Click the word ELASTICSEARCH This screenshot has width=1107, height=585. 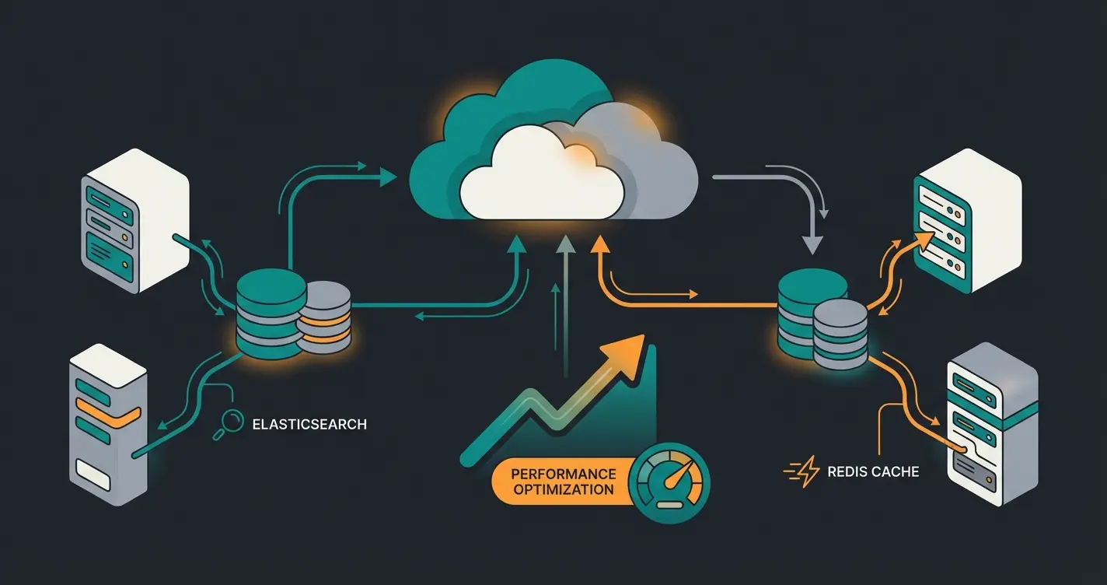[x=309, y=425]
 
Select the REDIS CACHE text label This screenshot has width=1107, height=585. [x=873, y=471]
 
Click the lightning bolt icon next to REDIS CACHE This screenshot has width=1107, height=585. [x=802, y=471]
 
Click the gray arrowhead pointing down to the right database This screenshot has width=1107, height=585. [x=812, y=243]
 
